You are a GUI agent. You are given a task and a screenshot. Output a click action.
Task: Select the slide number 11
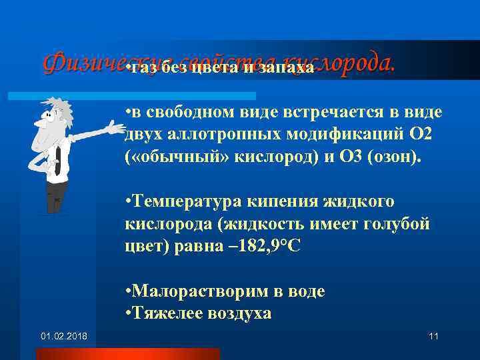(x=433, y=335)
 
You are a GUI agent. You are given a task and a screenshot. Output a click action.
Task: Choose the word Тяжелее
(x=167, y=313)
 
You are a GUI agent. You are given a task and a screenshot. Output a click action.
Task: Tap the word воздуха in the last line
(x=240, y=313)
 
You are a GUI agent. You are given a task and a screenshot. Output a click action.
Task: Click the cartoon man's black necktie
(x=58, y=160)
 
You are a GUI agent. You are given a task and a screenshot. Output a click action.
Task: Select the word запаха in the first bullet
(x=287, y=69)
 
